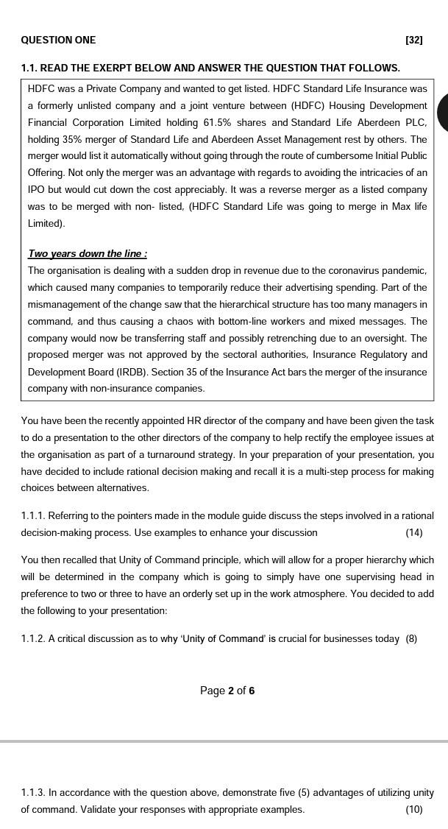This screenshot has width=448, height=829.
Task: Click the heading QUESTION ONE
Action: pyautogui.click(x=58, y=40)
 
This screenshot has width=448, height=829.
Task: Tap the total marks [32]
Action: pyautogui.click(x=414, y=40)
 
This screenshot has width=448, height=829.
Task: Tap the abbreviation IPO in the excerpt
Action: pyautogui.click(x=37, y=189)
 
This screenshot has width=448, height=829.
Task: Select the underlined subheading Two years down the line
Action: pyautogui.click(x=87, y=254)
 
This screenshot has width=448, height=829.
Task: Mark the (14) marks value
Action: pyautogui.click(x=413, y=532)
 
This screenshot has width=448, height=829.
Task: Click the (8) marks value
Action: pyautogui.click(x=411, y=639)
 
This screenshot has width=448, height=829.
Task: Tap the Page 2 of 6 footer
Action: pyautogui.click(x=227, y=691)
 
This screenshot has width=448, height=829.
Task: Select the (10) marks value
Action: pyautogui.click(x=413, y=810)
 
